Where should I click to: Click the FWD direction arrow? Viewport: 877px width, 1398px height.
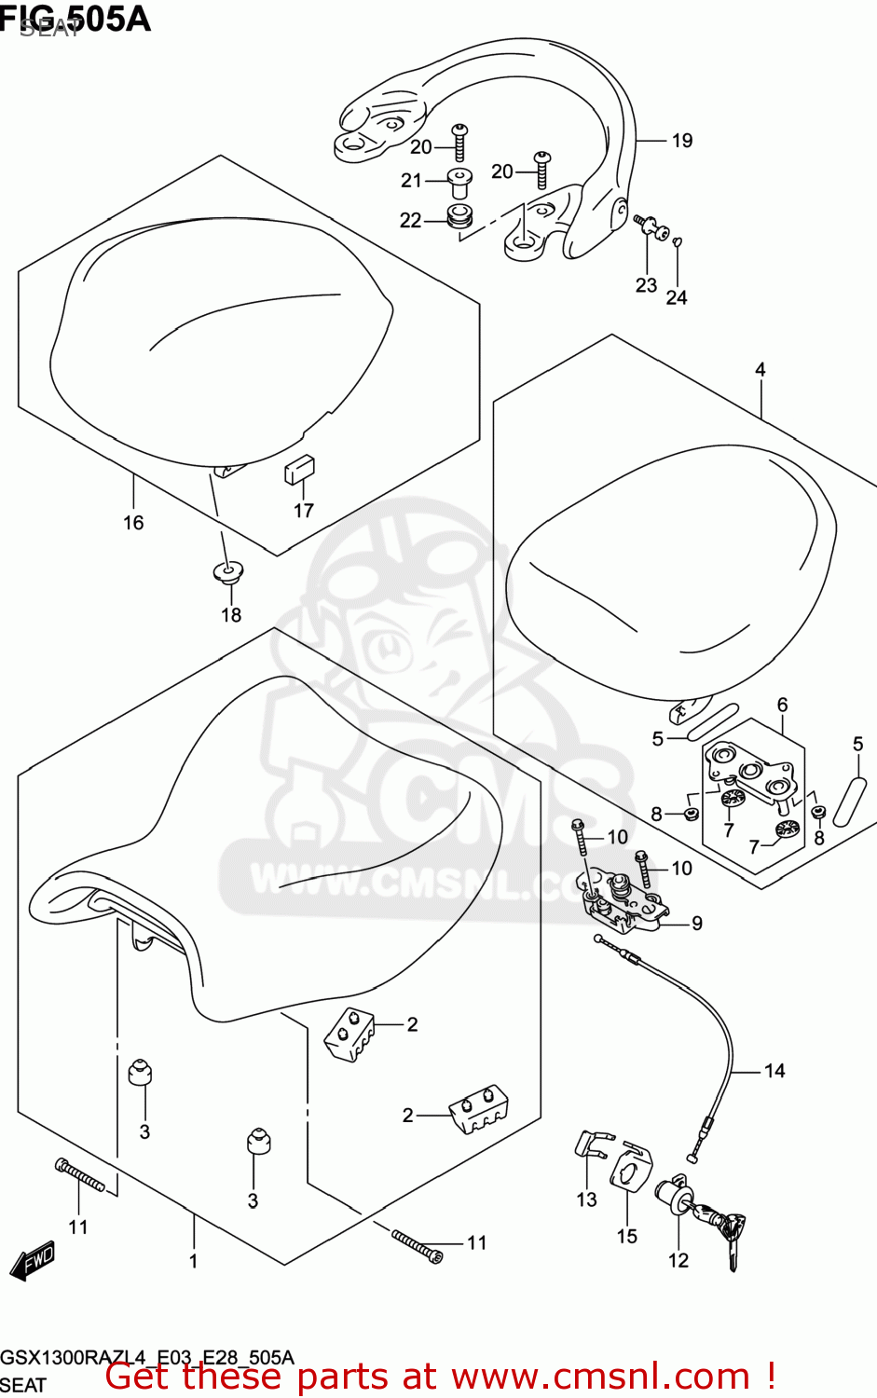pos(32,1260)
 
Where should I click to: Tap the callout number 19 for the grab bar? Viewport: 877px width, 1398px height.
pos(682,141)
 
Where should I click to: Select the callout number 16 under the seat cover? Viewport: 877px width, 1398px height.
pos(133,523)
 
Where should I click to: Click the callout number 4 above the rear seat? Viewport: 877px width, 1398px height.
pos(760,370)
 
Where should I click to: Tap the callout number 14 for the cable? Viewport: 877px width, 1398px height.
pos(774,1071)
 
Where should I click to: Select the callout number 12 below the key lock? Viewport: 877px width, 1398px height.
pos(678,1260)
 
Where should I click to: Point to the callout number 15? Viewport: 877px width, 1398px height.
pos(626,1236)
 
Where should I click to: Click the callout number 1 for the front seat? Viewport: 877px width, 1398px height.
pos(193,1261)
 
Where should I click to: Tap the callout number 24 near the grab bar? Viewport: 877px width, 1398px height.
pos(677,297)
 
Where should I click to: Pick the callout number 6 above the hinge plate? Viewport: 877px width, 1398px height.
pos(782,705)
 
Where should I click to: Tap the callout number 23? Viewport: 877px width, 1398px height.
pos(646,285)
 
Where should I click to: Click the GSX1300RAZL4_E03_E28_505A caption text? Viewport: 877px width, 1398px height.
pos(147,1357)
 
